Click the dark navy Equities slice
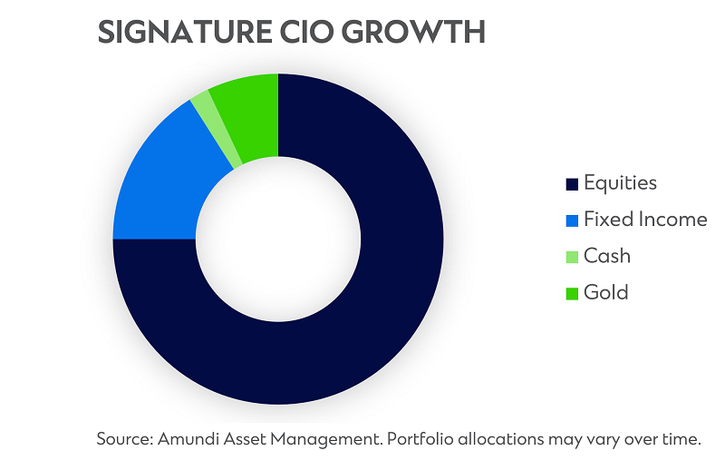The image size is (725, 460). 362,318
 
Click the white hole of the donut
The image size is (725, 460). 278,239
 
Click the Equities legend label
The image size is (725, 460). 620,183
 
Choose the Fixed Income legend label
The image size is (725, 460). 645,220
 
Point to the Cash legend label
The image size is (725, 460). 606,256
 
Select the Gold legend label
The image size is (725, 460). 605,292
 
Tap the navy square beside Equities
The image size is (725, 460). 571,184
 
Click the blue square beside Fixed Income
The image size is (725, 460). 571,220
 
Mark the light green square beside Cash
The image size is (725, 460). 571,257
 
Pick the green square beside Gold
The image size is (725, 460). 571,293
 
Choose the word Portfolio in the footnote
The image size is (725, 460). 417,439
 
